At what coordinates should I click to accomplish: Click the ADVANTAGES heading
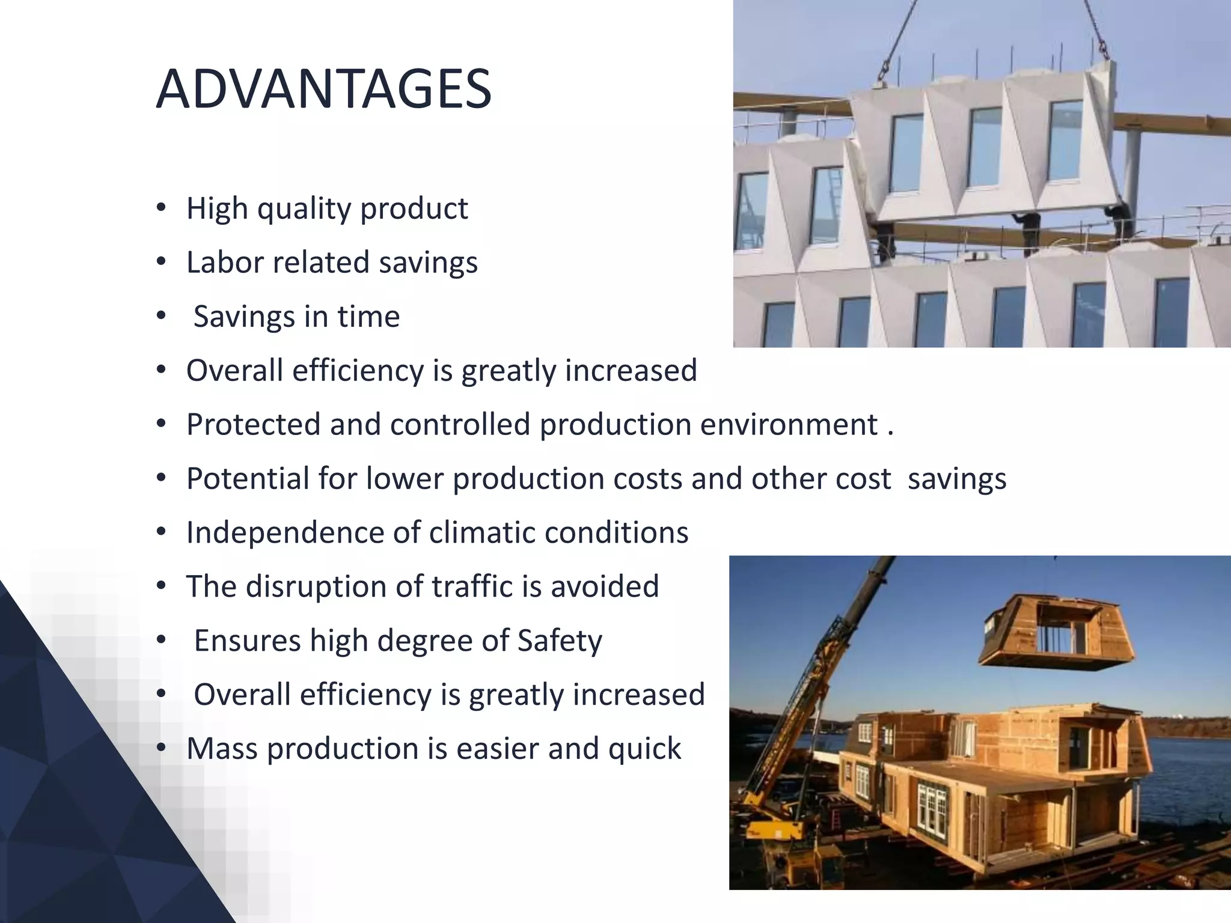tap(323, 90)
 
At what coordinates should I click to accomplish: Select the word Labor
tap(224, 263)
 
